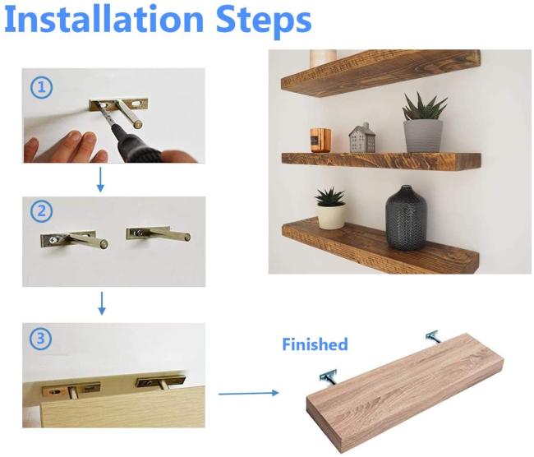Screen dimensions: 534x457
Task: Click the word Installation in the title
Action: click(104, 19)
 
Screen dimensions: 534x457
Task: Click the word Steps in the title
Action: click(264, 21)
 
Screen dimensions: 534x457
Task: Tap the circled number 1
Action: click(42, 88)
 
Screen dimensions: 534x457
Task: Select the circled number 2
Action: click(42, 211)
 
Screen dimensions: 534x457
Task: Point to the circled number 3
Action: click(40, 339)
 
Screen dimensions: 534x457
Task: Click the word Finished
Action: click(315, 344)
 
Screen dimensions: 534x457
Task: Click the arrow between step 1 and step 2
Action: click(100, 180)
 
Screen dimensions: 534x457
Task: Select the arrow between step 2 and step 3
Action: click(102, 303)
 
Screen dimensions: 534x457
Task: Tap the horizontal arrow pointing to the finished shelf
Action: click(249, 393)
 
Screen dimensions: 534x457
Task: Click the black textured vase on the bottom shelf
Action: click(406, 218)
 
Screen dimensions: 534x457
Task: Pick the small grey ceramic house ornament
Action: click(361, 138)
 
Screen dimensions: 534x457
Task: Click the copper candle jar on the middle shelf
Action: click(320, 140)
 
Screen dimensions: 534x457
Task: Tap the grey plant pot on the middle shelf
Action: click(423, 136)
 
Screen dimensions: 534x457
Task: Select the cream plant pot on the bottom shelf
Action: click(331, 215)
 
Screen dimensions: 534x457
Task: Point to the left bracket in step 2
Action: click(74, 239)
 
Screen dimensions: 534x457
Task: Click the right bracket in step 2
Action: click(159, 233)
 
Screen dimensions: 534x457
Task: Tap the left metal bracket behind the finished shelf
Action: click(329, 378)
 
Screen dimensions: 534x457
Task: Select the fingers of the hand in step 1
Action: click(65, 146)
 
